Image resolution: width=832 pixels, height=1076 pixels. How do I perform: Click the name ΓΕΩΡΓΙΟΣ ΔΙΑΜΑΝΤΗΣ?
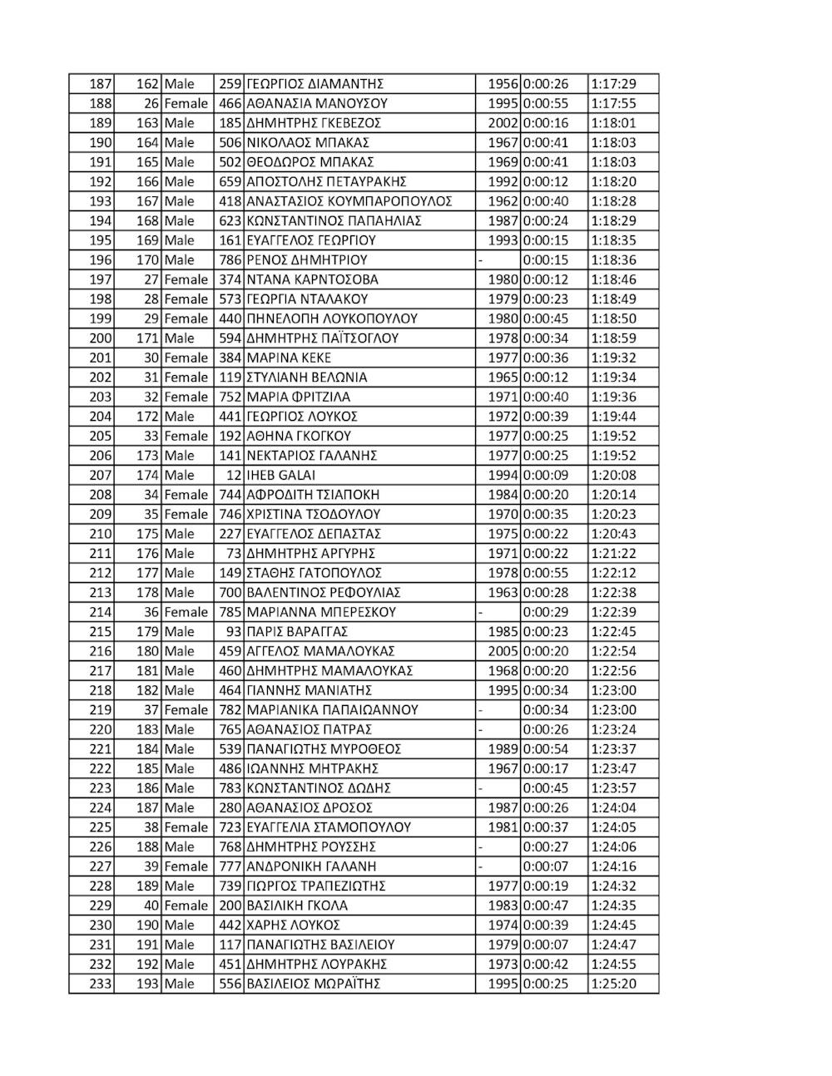coord(314,84)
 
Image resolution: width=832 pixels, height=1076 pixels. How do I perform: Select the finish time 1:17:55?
coord(613,104)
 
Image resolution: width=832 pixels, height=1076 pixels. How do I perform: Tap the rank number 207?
coord(100,476)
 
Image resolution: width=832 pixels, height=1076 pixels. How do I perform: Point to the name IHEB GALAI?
coord(281,476)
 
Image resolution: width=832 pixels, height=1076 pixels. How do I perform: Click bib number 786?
coord(229,260)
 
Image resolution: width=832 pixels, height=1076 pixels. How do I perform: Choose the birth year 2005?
coord(503,651)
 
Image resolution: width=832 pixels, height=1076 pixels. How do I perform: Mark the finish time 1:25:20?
coord(613,984)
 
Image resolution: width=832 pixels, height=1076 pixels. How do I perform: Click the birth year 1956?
coord(503,84)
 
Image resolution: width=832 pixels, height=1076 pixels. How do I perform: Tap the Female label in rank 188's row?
coord(186,104)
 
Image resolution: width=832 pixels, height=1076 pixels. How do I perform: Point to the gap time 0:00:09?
coord(546,476)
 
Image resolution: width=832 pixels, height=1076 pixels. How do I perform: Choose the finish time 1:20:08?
coord(613,476)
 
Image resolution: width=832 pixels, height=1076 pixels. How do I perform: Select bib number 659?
coord(229,182)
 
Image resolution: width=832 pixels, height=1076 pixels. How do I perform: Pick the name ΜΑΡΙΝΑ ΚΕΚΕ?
coord(289,358)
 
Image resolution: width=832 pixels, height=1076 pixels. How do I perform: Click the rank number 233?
coord(100,984)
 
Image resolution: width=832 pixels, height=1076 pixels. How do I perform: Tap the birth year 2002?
coord(503,123)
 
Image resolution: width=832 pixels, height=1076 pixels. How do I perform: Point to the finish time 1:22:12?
coord(613,573)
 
